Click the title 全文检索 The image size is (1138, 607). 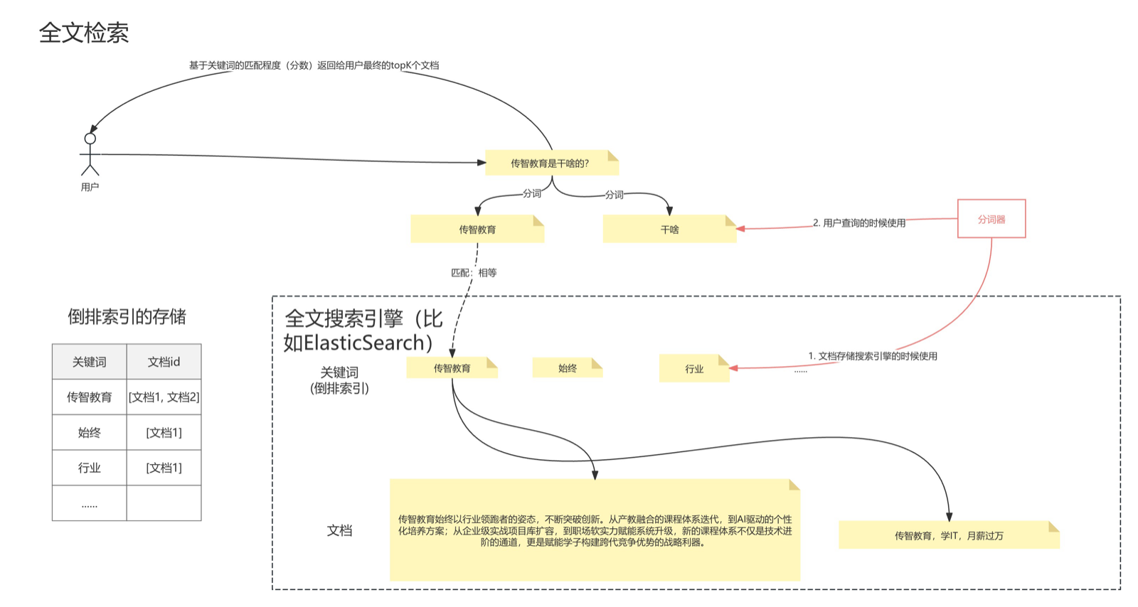point(84,33)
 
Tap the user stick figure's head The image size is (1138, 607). point(90,139)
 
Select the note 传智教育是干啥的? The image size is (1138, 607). point(552,163)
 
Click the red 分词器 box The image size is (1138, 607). point(991,219)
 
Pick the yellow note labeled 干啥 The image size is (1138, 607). point(669,230)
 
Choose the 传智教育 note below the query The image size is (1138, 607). point(477,230)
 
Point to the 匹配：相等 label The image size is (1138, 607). point(474,273)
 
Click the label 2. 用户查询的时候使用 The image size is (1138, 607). point(859,222)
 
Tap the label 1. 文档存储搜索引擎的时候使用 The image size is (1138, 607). point(873,356)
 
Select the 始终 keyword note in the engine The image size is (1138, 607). point(568,368)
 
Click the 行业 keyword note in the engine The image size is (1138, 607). point(694,368)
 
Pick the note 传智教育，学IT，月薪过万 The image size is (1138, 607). point(949,535)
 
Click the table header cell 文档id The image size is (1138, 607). point(164,362)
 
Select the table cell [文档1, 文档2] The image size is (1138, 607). point(164,397)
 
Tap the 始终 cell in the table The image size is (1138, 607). point(90,432)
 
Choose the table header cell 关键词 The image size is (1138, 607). point(90,362)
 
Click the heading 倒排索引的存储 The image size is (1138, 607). point(127,317)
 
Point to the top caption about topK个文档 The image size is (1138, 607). point(314,65)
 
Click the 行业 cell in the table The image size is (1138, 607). point(90,468)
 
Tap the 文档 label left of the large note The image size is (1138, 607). point(339,530)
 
